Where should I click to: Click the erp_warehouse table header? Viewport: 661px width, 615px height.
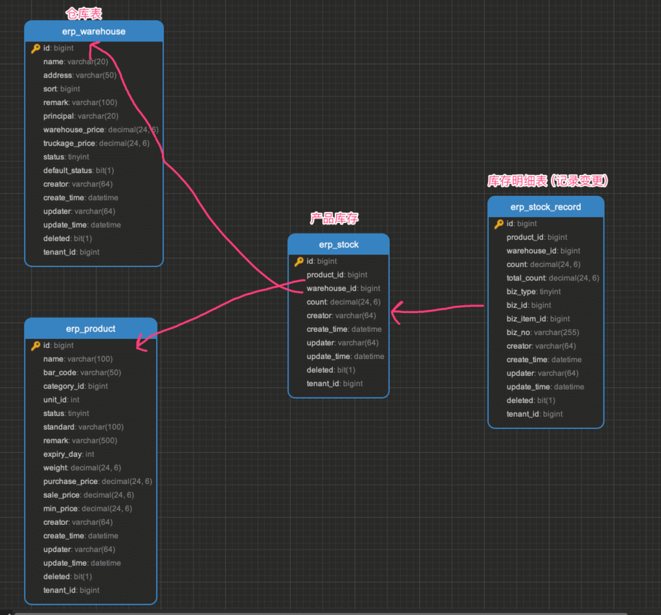[94, 31]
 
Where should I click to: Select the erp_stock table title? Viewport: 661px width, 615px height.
[339, 244]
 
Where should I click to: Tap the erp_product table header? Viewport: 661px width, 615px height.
[91, 329]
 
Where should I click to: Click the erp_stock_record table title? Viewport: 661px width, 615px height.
[546, 207]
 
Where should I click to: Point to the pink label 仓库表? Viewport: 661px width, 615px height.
[84, 13]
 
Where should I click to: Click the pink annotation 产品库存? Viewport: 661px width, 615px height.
[334, 218]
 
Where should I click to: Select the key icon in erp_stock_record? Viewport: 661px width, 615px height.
[499, 224]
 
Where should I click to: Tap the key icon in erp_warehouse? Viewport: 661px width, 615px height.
[36, 49]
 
